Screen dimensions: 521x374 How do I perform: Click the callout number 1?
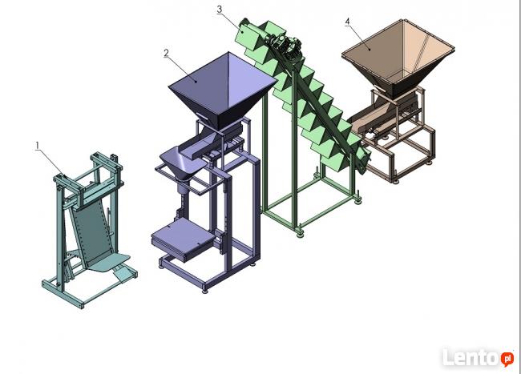(38, 145)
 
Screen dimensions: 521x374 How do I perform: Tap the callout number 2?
(166, 53)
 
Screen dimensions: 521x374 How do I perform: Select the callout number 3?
(220, 10)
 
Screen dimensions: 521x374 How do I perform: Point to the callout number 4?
(348, 22)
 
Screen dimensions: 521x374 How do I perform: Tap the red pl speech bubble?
(507, 359)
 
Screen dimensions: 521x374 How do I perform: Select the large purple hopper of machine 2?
(223, 88)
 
